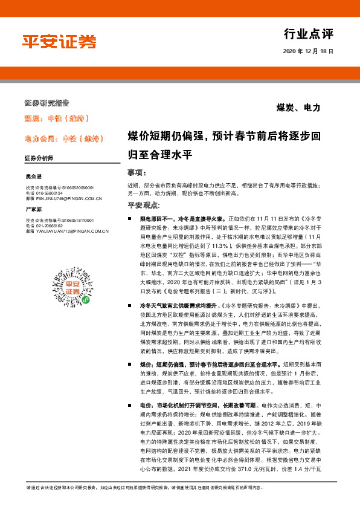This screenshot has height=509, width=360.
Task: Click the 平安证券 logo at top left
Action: [59, 42]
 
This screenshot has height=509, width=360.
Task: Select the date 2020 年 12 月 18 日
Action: [308, 52]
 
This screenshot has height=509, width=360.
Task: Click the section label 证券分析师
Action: [39, 158]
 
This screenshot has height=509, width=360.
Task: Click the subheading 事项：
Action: [137, 172]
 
